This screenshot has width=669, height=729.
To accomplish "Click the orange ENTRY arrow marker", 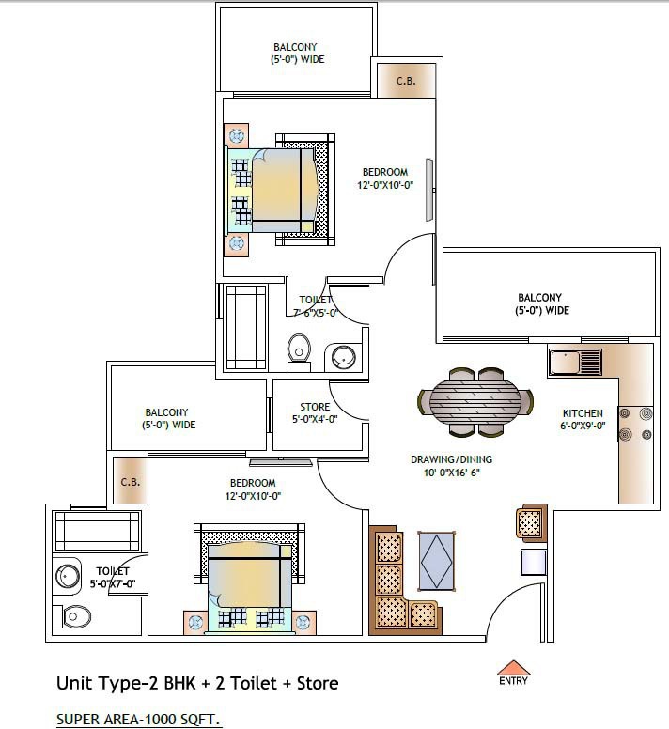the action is pos(513,668).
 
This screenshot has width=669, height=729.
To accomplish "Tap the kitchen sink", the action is pos(575,363).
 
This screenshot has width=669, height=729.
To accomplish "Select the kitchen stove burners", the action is pos(635,424).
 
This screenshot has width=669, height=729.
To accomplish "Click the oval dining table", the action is pos(475,402).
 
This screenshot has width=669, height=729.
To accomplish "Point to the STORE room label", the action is pos(315,407).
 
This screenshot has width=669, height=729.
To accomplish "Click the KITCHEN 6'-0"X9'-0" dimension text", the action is pos(583,425).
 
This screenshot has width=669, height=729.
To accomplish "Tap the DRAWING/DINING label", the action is pos(451,459).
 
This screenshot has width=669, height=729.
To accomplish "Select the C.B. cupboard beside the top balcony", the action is pos(406,81).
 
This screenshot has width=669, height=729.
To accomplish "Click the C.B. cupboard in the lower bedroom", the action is pos(131,480).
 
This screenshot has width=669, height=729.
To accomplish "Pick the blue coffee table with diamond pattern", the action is pos(437,561).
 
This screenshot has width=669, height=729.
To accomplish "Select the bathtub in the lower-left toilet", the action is pos(97,531).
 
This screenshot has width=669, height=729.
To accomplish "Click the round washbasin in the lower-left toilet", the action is pos(68,577).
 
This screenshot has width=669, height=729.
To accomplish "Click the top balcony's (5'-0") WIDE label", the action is pos(298,59).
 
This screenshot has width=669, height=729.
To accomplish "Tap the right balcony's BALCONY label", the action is pos(539,297).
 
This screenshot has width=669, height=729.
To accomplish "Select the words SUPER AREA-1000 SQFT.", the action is pos(137,720).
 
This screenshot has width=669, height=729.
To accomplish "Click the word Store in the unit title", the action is pos(318,683).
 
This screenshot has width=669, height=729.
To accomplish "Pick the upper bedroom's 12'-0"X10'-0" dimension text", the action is pos(385,185).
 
